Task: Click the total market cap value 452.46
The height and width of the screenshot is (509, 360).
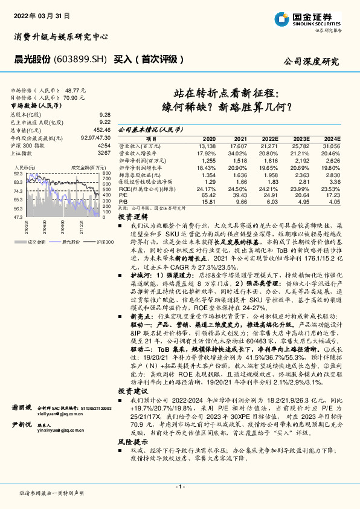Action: pos(101,129)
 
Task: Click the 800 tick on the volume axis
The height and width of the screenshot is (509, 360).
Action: pos(106,173)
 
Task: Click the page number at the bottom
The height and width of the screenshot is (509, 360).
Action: pos(179,486)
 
